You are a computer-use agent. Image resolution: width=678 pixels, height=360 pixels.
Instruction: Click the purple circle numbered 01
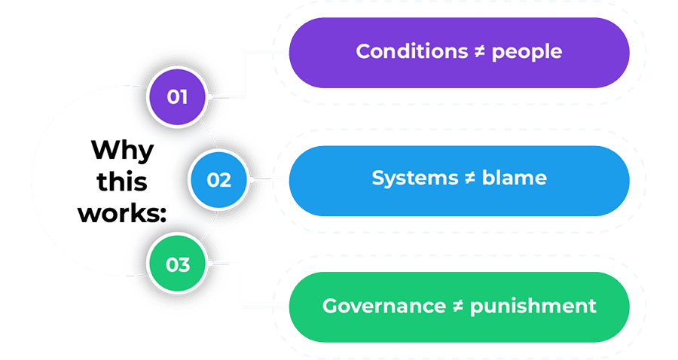coord(177,97)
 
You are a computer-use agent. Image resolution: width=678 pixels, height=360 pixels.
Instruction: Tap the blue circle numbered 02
coord(218,181)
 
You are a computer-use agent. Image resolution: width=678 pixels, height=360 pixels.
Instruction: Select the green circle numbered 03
coord(177,265)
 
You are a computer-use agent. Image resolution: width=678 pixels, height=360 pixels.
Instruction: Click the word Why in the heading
coord(121,150)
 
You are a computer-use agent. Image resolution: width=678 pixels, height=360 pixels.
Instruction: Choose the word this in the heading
coord(121,182)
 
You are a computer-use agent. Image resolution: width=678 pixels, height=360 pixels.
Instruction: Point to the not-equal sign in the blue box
coord(470,178)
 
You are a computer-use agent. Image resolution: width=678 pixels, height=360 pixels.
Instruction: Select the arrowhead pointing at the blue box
coord(286,181)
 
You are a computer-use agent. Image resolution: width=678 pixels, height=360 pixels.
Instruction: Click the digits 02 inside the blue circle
coord(218,181)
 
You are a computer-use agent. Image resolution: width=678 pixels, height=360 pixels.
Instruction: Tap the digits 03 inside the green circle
coord(177,265)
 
